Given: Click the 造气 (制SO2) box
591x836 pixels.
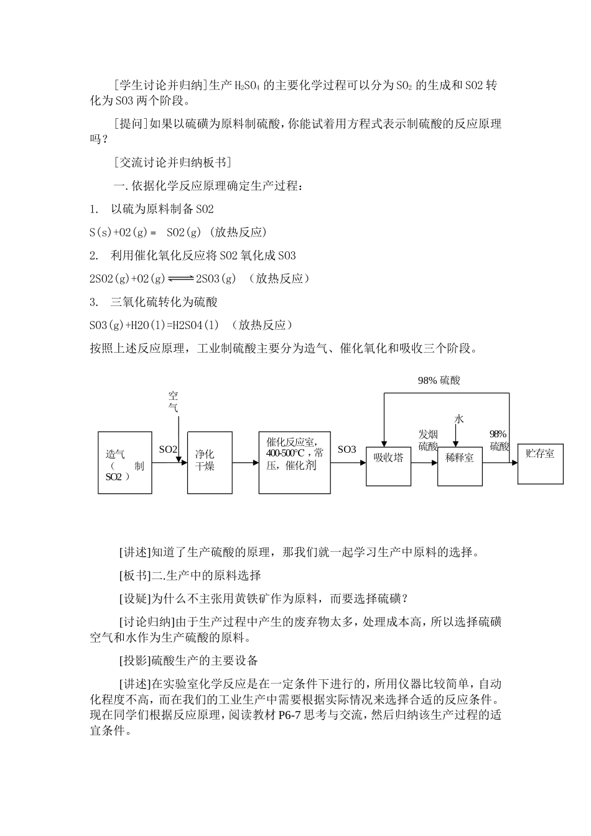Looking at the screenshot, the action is coord(124,462).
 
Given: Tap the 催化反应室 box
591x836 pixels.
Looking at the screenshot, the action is coord(294,462).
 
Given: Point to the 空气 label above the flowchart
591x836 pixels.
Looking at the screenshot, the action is coord(174,402).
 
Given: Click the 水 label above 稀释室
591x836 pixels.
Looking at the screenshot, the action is coord(458,419).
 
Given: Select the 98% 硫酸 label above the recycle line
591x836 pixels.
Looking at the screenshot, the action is coord(439,380).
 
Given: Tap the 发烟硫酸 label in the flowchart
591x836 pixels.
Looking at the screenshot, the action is coord(428,440).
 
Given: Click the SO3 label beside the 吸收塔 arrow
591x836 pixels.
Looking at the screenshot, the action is coord(347,449).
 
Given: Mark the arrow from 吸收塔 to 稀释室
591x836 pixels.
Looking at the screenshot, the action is coord(424,463).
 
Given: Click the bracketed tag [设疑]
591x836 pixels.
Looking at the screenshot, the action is coord(135,598).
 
